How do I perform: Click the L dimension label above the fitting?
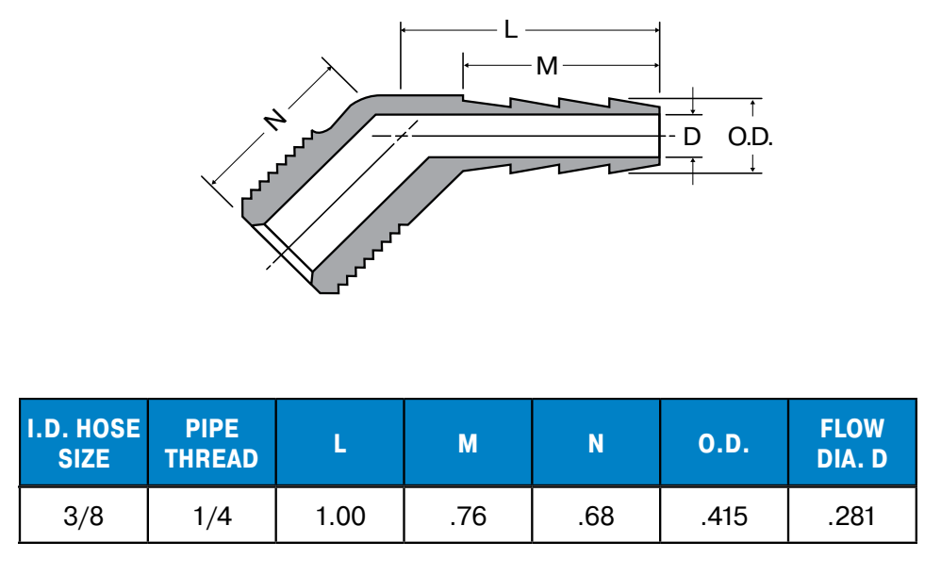(x=511, y=29)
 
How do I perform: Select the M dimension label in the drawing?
(x=547, y=65)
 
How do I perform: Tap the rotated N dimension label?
(x=276, y=120)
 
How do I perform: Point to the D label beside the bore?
(x=692, y=137)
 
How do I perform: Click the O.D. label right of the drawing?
(x=751, y=138)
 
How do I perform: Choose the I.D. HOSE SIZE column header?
(x=84, y=444)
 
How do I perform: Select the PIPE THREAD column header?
(x=212, y=444)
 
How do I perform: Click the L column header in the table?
(x=339, y=444)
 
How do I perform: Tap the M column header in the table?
(x=468, y=444)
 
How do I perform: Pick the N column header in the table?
(x=596, y=444)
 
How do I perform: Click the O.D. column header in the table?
(x=724, y=444)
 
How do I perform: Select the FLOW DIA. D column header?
(x=852, y=444)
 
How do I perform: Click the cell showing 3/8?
(x=83, y=516)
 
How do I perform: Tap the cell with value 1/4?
(x=212, y=516)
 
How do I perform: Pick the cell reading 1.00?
(x=340, y=516)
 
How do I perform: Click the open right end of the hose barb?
(x=659, y=137)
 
